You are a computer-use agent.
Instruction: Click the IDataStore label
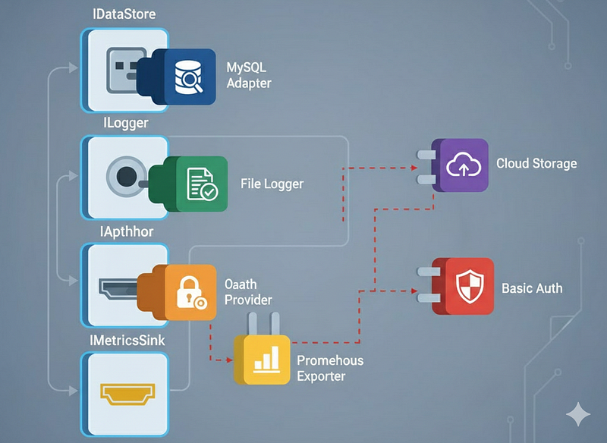tap(124, 14)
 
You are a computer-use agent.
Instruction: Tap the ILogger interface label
tap(126, 123)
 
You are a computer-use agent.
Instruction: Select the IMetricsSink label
tap(127, 341)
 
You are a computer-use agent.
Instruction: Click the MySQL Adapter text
tap(249, 75)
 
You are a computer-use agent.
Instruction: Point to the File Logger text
tap(272, 184)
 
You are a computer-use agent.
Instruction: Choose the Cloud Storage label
tap(536, 163)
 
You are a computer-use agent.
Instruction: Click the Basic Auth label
tap(532, 288)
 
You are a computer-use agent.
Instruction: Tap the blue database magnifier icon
tap(189, 77)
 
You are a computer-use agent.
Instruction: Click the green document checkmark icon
tap(202, 184)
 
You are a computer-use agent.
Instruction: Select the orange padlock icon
tap(191, 293)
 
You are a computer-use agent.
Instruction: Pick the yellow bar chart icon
tap(266, 360)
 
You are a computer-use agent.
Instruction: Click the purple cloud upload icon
tap(464, 164)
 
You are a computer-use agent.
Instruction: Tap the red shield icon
tap(470, 287)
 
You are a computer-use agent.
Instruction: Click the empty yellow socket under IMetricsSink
tap(127, 394)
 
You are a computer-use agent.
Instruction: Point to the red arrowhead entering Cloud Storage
tap(414, 168)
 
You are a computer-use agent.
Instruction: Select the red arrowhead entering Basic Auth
tap(414, 291)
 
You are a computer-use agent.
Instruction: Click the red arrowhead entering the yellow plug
tap(230, 360)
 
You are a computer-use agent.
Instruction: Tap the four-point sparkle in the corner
tap(578, 414)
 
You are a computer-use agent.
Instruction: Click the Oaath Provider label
tap(248, 292)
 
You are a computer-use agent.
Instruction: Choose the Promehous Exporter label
tap(330, 368)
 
